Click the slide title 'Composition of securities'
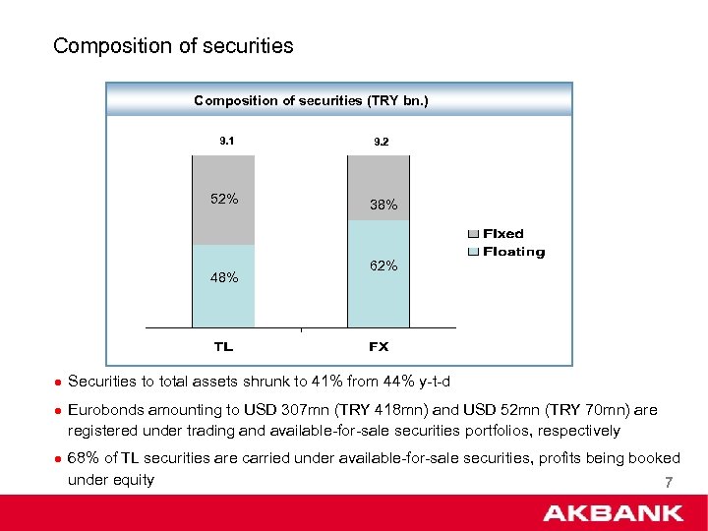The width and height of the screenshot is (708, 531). point(173,46)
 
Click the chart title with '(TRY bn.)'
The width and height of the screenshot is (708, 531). point(311,100)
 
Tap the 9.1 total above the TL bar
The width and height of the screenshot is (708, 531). point(225,141)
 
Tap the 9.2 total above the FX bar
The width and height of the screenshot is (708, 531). point(382,142)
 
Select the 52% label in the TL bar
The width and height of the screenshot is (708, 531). point(224,199)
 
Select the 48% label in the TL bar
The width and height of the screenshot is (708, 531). point(224,277)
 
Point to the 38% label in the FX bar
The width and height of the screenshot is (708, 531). point(383,206)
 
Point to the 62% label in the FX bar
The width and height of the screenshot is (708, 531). point(383,265)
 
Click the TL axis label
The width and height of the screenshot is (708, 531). point(224,346)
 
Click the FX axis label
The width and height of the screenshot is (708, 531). point(379,346)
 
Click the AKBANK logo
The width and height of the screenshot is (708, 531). point(613,512)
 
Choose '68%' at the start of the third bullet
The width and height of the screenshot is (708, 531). point(84,458)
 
